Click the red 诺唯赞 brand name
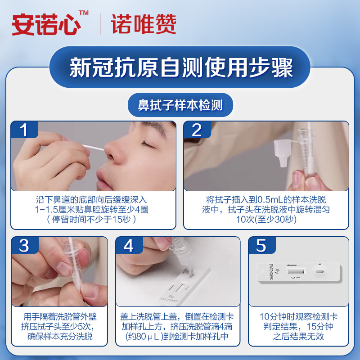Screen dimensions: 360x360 coord(144,24)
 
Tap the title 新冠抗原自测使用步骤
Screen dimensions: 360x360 coord(181,67)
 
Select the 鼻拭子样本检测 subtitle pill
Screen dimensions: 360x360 coord(180,105)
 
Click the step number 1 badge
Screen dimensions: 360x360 coord(24,130)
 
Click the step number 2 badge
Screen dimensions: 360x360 coord(197,130)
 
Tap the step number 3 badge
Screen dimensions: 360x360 coord(25,245)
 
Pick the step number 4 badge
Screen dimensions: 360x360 coord(129,245)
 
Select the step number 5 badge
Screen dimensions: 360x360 coord(262,245)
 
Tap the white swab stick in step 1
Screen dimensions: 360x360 coord(93,148)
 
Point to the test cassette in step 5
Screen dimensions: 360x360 coord(299,272)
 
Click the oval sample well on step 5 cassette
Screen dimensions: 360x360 coord(319,272)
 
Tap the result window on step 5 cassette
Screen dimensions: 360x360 coord(296,271)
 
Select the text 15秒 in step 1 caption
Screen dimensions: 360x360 coord(121,220)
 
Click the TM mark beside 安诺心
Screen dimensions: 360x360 coord(84,13)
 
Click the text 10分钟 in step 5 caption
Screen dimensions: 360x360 coord(274,317)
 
